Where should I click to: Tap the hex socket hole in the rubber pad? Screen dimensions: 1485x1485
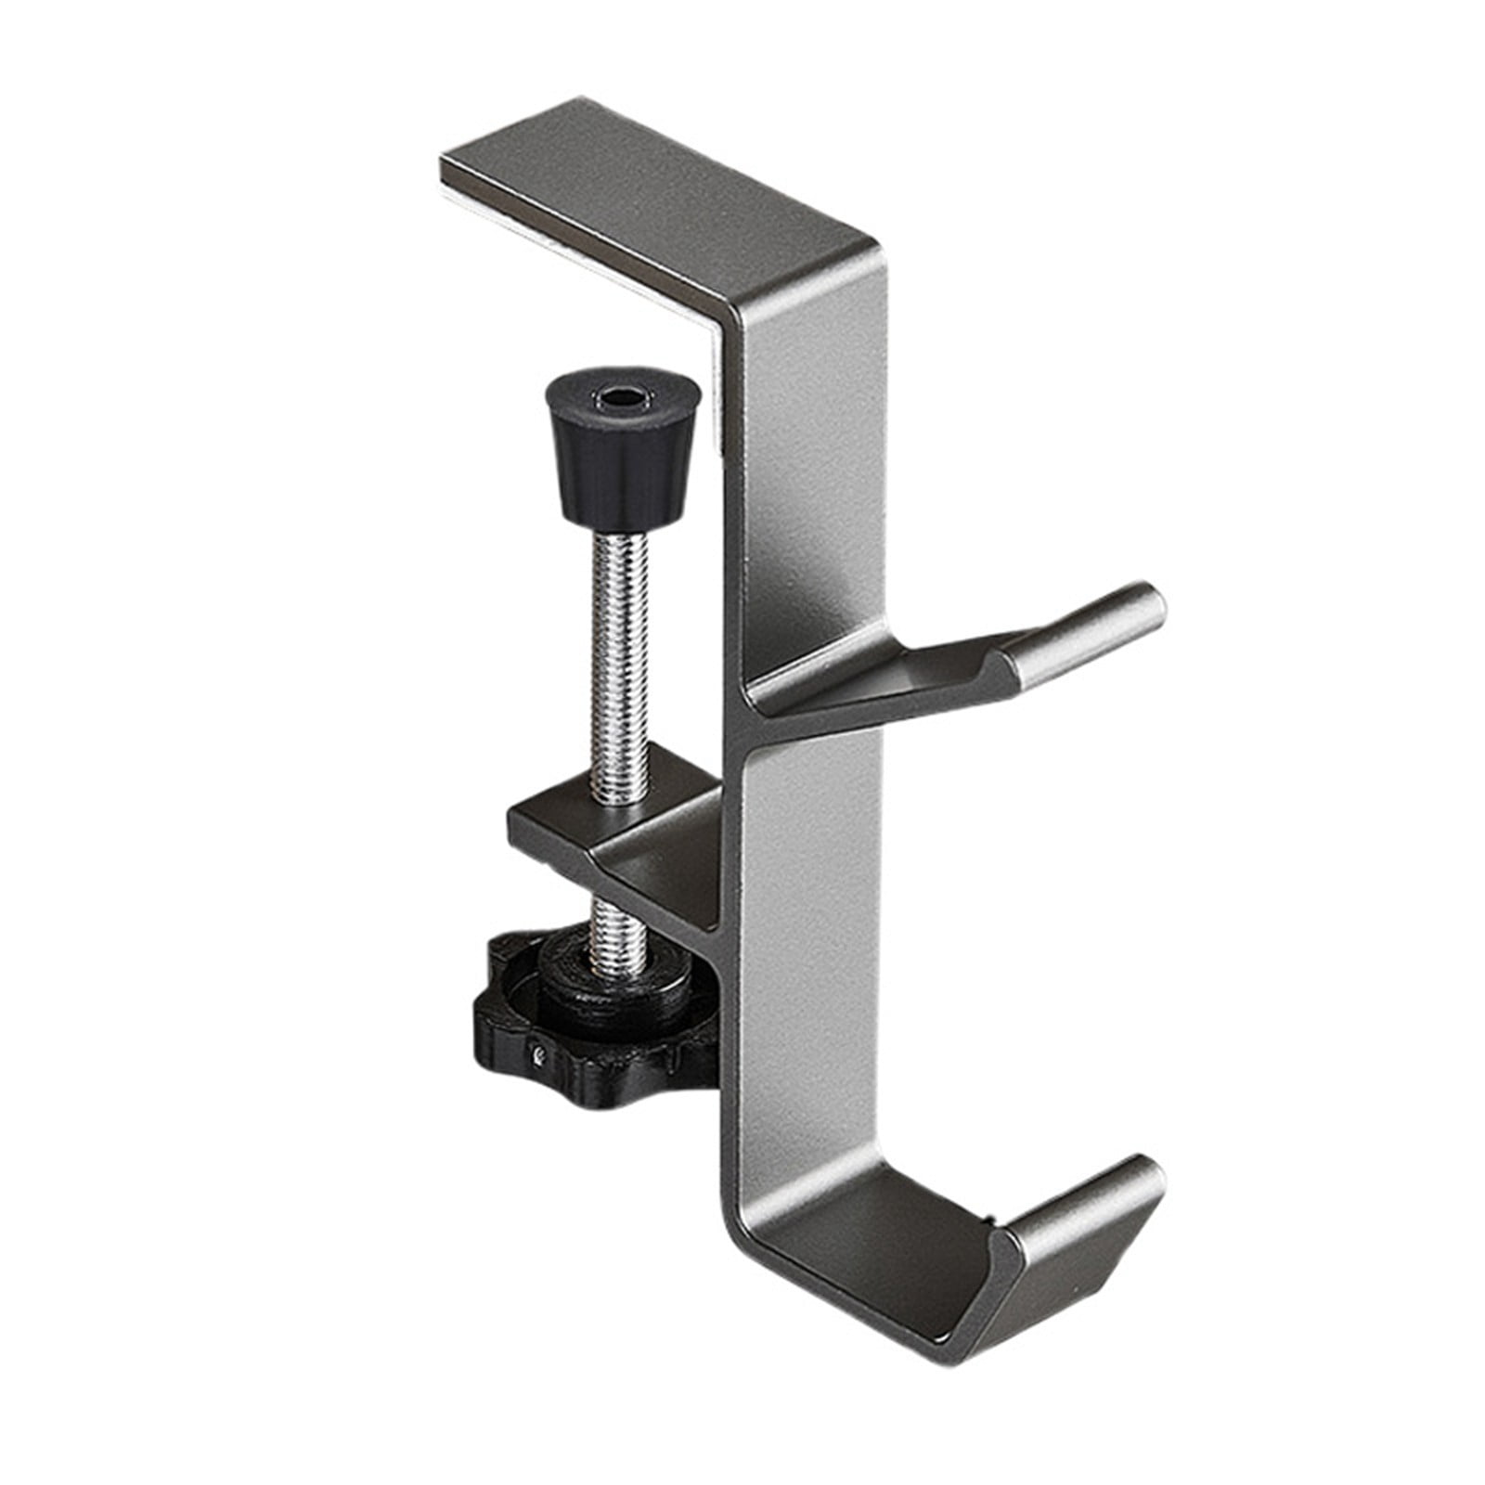click(x=609, y=402)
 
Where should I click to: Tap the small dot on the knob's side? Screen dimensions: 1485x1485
click(x=537, y=1054)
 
